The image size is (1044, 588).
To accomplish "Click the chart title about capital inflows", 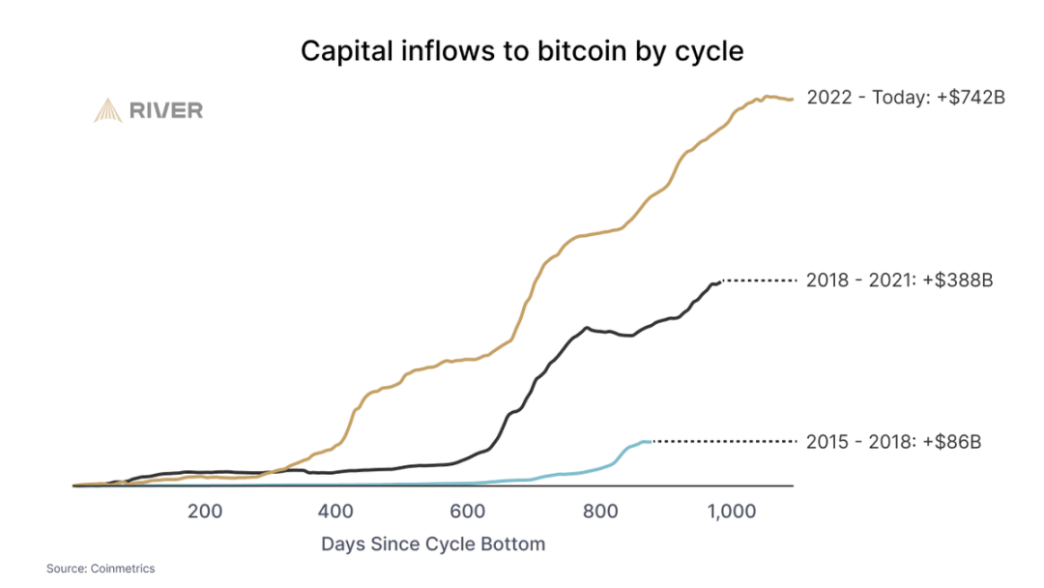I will click(x=522, y=50).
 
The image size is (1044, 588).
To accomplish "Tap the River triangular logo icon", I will click(x=106, y=110).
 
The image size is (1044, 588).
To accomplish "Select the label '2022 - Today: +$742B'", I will click(x=906, y=98).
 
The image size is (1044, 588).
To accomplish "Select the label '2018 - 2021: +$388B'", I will click(x=899, y=281).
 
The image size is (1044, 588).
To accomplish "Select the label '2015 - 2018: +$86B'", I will click(x=893, y=442).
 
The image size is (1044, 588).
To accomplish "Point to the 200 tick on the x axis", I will click(x=204, y=512).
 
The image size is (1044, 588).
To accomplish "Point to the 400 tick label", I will click(x=335, y=512).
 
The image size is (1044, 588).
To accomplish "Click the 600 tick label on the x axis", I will click(x=467, y=512).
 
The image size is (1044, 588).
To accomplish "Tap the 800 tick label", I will click(x=599, y=512).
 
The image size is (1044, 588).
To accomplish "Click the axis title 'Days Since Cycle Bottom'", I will click(x=433, y=544).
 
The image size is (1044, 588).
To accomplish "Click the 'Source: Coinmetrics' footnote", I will click(x=101, y=569).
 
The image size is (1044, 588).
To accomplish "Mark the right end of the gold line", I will click(x=792, y=99).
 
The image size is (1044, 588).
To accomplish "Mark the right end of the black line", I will click(x=720, y=281).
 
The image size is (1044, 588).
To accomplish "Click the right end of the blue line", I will click(x=652, y=441).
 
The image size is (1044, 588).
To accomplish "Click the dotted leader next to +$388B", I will click(x=759, y=281).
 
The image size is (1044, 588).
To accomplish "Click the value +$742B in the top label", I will click(x=971, y=98).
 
